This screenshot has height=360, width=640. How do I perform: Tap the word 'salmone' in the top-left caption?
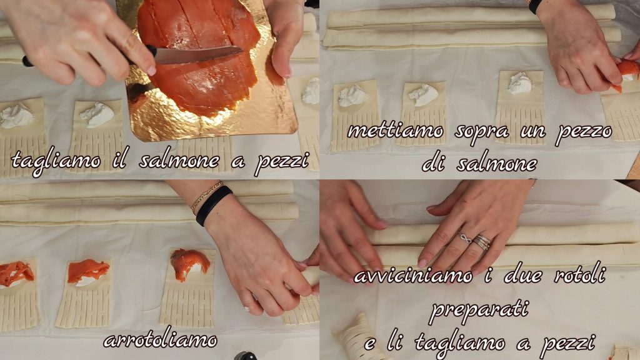179,161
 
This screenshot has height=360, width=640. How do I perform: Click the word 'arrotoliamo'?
160,339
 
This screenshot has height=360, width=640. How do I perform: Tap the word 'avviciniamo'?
414,276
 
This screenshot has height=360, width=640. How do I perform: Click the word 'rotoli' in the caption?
579,276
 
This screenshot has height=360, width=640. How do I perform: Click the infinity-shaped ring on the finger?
464,238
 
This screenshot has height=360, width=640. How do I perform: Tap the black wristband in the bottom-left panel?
214,205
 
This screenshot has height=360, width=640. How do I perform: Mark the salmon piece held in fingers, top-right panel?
625,72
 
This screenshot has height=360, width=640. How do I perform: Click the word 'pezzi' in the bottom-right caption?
567,344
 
